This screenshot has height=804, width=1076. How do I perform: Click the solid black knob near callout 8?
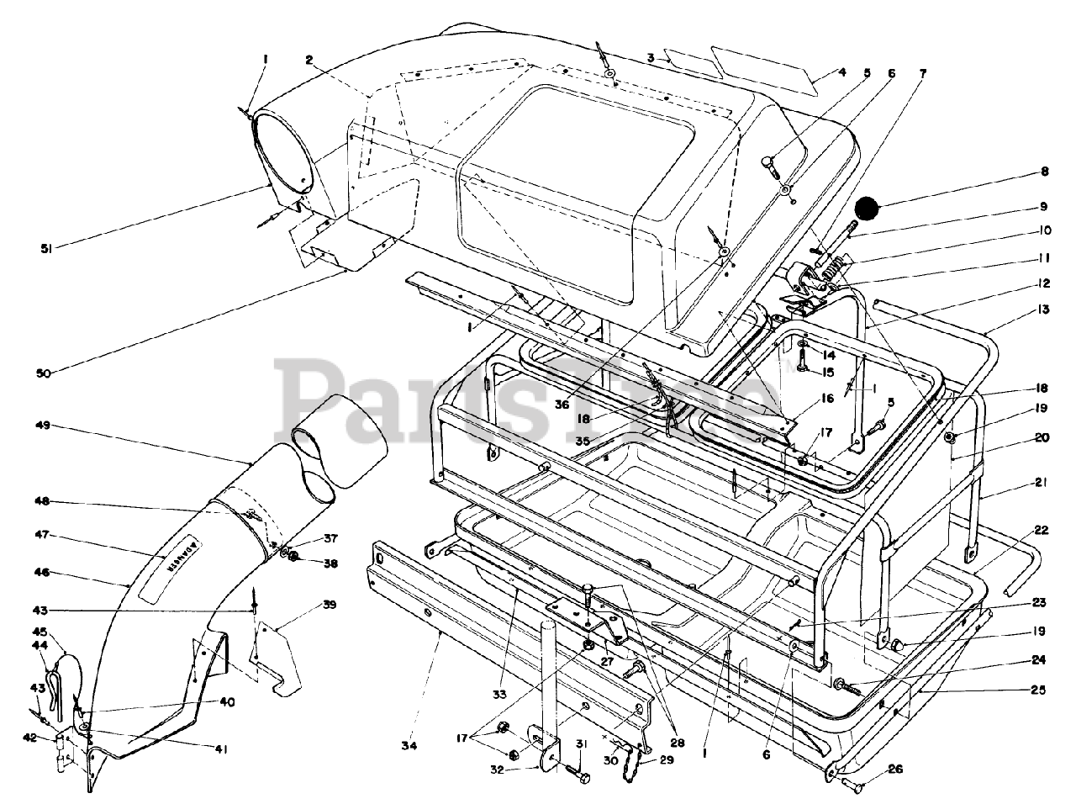click(x=867, y=206)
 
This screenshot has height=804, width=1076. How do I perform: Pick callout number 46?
click(x=42, y=572)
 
